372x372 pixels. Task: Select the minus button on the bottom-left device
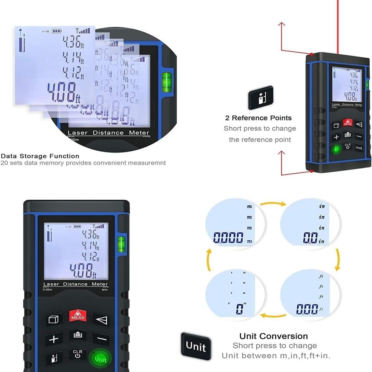click(x=101, y=339)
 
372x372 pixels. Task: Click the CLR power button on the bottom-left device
click(x=77, y=354)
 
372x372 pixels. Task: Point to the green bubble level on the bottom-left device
click(x=121, y=244)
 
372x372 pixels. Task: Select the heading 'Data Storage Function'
click(x=40, y=156)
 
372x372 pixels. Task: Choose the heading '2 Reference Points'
click(x=258, y=118)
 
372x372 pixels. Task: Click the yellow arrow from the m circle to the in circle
click(x=272, y=204)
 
